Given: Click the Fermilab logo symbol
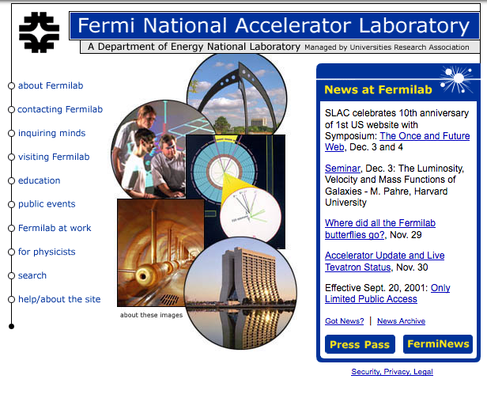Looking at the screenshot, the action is [x=40, y=32].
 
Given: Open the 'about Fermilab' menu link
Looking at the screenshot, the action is [x=51, y=85].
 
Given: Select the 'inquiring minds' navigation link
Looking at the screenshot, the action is [x=51, y=133].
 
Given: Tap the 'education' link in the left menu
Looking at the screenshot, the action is [x=40, y=180].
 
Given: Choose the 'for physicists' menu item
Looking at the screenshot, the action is [x=47, y=252].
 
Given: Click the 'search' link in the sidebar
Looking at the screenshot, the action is [x=32, y=275].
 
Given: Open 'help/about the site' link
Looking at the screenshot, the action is [x=59, y=299].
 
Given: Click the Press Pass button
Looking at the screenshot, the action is [x=360, y=344].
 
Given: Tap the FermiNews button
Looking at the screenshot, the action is [x=438, y=344].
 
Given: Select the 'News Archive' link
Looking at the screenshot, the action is [x=401, y=321].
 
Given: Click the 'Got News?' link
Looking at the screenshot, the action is [x=344, y=321].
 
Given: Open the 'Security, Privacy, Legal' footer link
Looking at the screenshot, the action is [x=392, y=372].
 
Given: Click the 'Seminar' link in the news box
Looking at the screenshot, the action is [x=342, y=169].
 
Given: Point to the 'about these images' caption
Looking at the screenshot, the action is [x=151, y=315].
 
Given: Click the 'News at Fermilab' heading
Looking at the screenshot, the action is [x=378, y=89].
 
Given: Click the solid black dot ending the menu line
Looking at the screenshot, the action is [x=12, y=326].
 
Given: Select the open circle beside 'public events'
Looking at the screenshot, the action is [x=12, y=204].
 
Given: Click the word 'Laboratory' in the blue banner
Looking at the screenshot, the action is [x=414, y=26].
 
